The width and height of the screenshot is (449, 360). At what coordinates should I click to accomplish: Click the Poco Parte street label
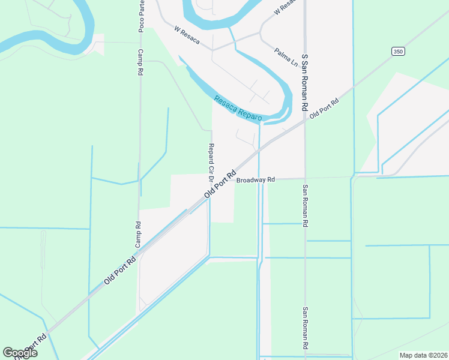coord(141,16)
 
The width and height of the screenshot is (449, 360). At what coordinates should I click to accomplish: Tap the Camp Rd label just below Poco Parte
coord(140,62)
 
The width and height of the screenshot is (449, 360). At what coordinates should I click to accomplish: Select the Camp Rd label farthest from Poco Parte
coord(138,235)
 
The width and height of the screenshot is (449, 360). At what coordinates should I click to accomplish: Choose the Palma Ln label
coord(286,56)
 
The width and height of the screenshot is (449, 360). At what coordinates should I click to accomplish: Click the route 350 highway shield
coord(397,52)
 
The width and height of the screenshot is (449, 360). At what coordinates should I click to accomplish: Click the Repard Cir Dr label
coord(211,162)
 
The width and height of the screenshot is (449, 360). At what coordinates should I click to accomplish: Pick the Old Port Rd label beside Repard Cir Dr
coord(220,184)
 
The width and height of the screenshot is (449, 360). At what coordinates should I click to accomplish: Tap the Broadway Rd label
coord(255,180)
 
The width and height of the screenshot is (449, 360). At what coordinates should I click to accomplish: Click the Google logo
coord(20,353)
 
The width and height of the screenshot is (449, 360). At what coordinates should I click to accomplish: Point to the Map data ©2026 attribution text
coord(423,355)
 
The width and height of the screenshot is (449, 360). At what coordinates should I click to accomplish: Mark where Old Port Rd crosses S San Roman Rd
coord(305,118)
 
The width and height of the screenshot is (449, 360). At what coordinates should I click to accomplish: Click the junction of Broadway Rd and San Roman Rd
coord(305,178)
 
